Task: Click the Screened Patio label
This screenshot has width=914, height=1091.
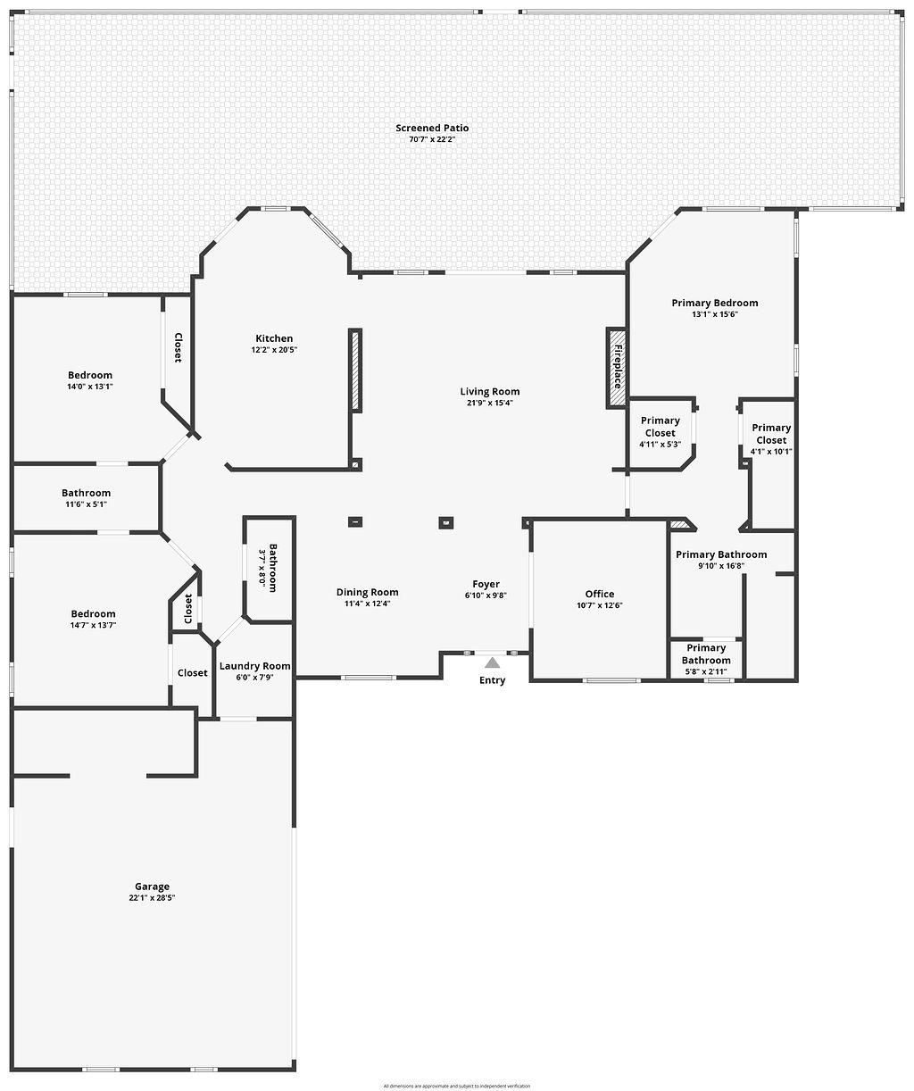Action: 432,129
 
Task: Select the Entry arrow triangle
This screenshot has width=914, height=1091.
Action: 492,662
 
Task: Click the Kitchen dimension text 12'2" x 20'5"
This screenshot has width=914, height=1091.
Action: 274,350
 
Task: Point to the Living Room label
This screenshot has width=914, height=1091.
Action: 489,391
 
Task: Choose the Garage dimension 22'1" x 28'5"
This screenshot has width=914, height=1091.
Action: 152,898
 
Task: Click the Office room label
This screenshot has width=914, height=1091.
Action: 600,594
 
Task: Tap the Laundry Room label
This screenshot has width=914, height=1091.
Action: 254,666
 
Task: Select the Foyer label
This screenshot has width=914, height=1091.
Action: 486,585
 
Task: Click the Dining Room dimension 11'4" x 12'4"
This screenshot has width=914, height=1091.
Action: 367,604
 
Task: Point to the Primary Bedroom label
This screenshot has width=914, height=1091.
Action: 714,304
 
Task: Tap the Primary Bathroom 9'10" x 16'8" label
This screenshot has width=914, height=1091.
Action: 720,554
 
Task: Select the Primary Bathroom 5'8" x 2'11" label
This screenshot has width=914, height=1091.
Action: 706,654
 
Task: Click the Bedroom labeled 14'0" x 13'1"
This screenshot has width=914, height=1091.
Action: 90,375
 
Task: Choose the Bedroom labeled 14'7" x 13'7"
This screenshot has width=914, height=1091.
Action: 93,614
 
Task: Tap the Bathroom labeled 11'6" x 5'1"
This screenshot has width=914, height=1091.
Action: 86,493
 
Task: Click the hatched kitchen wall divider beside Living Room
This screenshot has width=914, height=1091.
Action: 355,371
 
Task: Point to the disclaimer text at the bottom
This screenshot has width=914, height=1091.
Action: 456,1086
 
